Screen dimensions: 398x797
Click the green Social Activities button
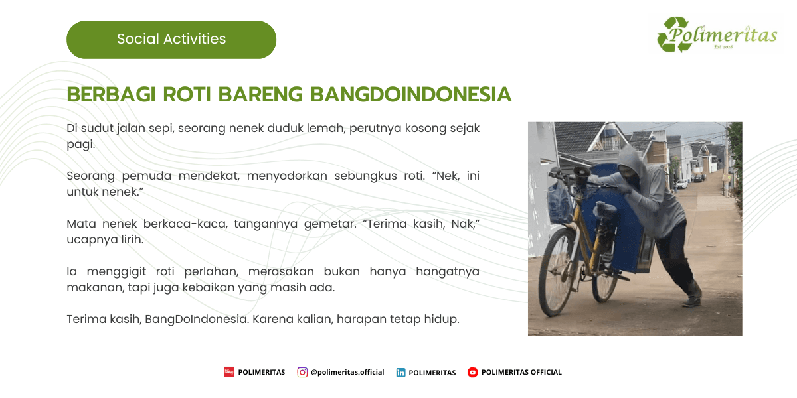point(171,39)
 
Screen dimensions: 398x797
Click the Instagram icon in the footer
point(302,372)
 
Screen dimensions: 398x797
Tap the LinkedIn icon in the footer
point(401,373)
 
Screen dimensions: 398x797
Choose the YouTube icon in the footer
point(473,372)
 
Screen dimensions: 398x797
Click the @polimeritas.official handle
point(347,372)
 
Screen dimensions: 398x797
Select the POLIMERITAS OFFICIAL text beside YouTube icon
point(521,372)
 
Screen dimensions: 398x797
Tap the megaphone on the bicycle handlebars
point(580,174)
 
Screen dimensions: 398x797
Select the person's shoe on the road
point(692,301)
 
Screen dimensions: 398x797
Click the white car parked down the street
point(682,184)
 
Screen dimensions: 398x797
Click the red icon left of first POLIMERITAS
point(229,372)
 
